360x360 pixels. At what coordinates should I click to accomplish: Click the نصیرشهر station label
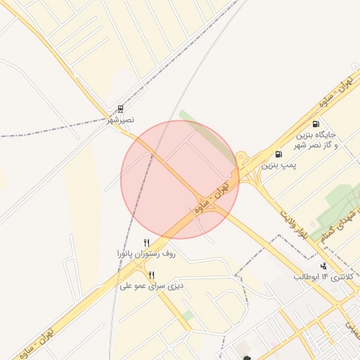(120, 121)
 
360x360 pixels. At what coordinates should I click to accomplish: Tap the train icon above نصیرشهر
(121, 109)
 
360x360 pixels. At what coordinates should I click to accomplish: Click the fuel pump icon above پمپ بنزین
(279, 154)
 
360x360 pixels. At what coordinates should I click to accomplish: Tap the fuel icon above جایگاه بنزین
(323, 123)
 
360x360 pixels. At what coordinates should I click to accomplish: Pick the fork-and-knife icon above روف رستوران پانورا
(146, 243)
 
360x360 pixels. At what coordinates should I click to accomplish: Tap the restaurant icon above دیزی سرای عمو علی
(151, 275)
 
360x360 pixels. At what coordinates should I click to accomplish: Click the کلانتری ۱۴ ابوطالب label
(326, 277)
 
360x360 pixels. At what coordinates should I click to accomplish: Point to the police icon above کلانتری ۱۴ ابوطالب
(323, 266)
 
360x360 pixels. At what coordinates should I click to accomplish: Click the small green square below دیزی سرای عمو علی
(186, 316)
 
